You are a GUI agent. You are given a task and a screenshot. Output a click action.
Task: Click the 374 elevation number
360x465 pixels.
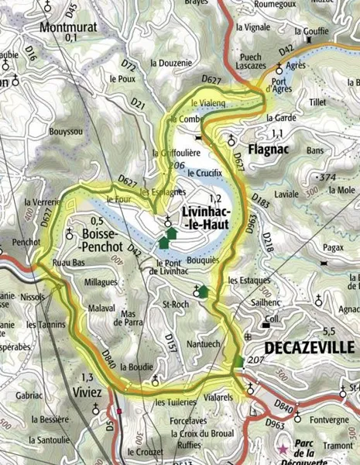tap(327, 178)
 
